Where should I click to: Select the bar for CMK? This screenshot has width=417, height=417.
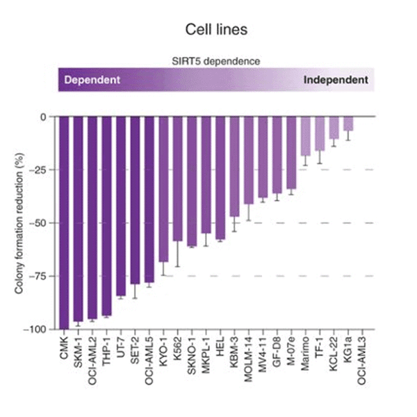pyautogui.click(x=65, y=222)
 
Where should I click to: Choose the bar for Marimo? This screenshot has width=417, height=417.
pyautogui.click(x=306, y=136)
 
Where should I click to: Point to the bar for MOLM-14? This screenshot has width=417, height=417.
pyautogui.click(x=249, y=160)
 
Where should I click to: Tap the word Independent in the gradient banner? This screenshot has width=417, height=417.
pyautogui.click(x=336, y=80)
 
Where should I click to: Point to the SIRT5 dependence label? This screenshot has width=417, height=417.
pyautogui.click(x=216, y=61)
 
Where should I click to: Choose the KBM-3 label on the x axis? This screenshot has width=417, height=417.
pyautogui.click(x=235, y=353)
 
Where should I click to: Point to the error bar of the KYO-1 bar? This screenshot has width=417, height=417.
pyautogui.click(x=164, y=268)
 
